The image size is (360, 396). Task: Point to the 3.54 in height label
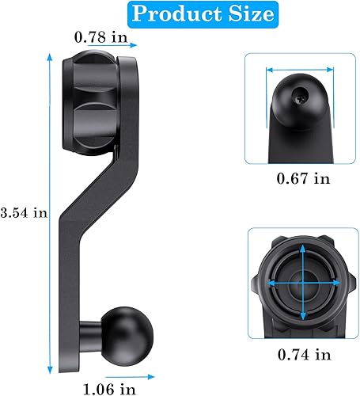click(x=25, y=212)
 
